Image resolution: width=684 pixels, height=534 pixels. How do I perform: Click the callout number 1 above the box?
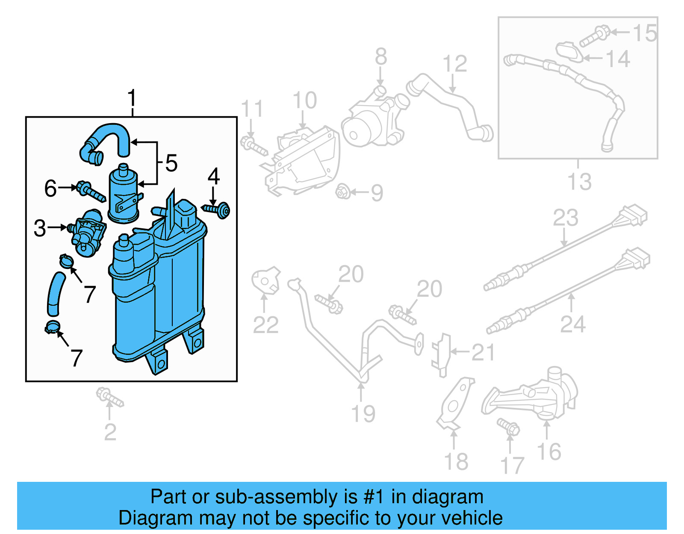click(132, 98)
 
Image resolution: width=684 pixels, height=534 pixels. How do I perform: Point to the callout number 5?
click(171, 163)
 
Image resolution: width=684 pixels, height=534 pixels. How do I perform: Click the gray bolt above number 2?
click(109, 397)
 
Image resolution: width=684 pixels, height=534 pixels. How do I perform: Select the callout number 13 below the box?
click(579, 181)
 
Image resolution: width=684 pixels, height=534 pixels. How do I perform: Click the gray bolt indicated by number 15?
click(594, 36)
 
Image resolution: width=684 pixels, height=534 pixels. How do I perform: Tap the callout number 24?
click(572, 324)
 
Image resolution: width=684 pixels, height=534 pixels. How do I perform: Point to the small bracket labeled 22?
click(265, 281)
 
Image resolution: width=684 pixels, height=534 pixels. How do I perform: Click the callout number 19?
click(363, 413)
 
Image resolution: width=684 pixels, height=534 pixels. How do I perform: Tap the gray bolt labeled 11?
click(254, 145)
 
